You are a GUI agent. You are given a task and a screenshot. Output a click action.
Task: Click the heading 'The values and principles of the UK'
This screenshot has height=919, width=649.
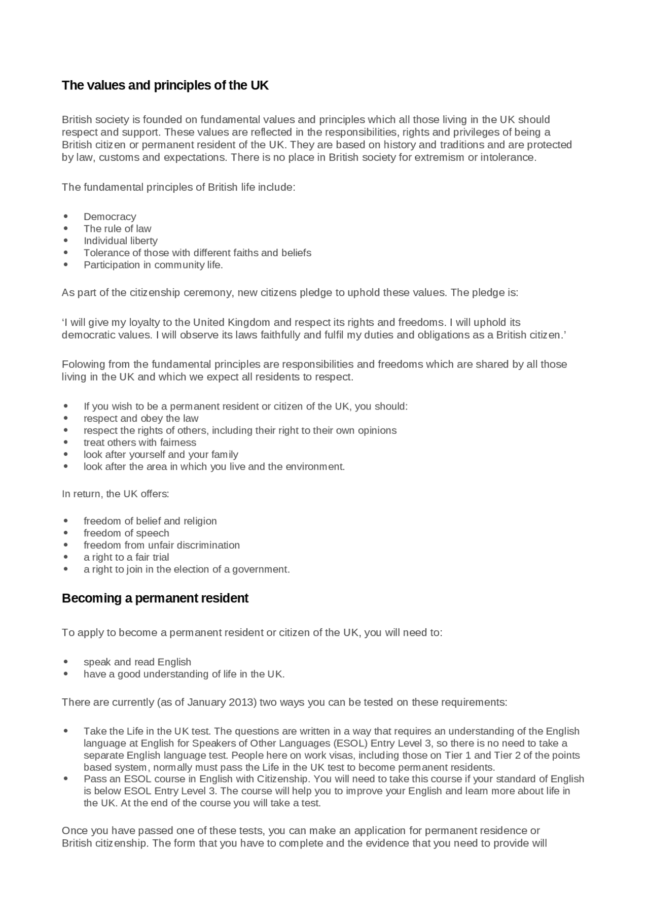tap(165, 85)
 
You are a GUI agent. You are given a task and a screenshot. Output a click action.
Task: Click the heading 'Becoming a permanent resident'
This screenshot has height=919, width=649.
tap(155, 598)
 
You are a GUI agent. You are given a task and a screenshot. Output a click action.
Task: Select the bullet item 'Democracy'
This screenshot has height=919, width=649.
tap(110, 217)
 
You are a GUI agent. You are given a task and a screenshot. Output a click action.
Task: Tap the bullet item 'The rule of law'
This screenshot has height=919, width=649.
tap(117, 229)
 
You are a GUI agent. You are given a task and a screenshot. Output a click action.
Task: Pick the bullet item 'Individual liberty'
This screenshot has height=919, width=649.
tap(120, 241)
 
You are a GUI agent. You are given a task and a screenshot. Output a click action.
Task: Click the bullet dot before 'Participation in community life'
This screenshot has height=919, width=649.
tap(66, 265)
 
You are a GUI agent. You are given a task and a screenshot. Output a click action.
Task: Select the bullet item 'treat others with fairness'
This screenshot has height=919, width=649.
tap(139, 443)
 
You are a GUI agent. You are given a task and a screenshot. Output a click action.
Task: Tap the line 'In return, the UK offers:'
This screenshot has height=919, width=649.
tap(115, 494)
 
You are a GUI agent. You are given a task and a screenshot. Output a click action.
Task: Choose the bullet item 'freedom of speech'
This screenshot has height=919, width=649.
tap(126, 533)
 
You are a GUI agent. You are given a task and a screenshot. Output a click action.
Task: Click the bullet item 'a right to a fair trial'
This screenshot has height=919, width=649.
tap(126, 557)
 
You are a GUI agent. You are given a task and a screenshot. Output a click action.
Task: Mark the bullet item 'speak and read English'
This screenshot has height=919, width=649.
tap(137, 662)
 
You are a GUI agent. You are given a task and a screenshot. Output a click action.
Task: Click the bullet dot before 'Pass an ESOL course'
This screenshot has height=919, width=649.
tap(66, 779)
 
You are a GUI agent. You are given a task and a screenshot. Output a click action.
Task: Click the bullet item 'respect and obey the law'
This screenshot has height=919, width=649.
tap(141, 419)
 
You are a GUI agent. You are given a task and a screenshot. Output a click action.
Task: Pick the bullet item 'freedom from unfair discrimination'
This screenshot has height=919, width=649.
tap(161, 546)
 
